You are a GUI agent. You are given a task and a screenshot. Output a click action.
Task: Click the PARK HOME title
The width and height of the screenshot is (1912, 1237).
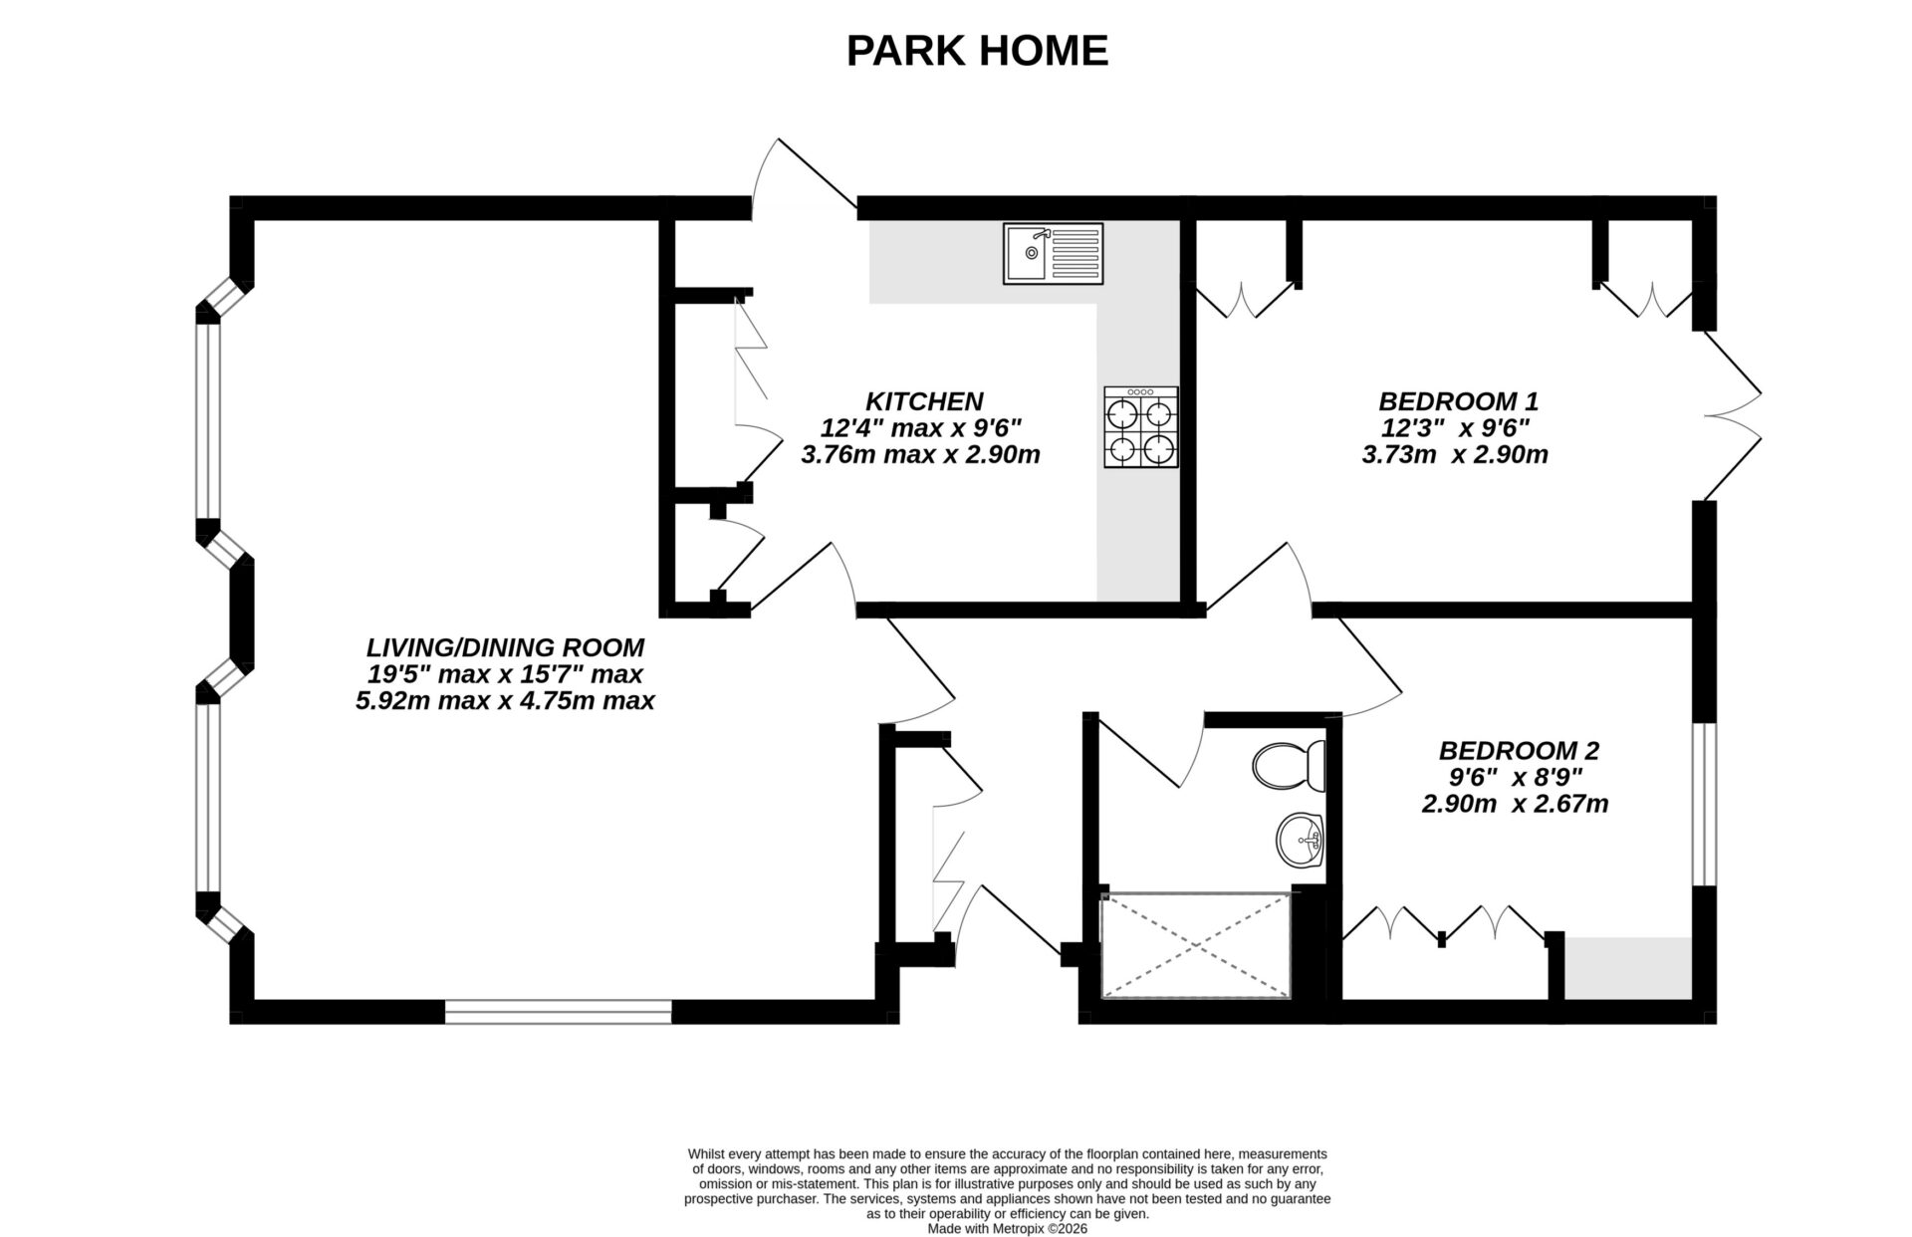click(976, 51)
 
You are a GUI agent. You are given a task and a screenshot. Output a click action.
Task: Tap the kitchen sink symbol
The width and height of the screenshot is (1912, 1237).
click(1053, 253)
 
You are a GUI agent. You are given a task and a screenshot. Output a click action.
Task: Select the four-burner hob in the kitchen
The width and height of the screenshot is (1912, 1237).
click(1140, 427)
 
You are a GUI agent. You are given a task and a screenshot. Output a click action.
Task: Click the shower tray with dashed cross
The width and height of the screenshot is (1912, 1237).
click(1194, 945)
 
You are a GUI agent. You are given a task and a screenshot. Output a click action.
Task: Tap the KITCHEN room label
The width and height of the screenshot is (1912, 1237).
click(923, 401)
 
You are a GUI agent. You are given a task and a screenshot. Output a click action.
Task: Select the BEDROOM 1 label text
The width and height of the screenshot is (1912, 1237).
click(1458, 401)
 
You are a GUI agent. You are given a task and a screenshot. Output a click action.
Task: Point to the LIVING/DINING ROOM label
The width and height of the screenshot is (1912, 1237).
click(505, 647)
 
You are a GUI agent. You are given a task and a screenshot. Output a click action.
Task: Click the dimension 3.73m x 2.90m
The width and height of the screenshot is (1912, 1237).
click(1454, 455)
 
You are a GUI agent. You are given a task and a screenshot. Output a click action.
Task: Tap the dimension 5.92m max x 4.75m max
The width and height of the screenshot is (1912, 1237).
click(505, 700)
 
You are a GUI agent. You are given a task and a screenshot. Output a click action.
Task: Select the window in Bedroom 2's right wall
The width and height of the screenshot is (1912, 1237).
click(1705, 804)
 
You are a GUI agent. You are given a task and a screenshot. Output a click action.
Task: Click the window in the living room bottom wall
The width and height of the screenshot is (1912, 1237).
click(558, 1012)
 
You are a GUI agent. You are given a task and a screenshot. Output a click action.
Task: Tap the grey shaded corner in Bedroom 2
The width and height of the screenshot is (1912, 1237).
click(1627, 967)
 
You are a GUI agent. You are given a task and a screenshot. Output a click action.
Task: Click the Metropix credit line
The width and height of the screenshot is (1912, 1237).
click(1007, 1229)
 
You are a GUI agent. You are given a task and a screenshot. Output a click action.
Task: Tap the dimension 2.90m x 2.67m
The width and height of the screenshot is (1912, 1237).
click(1514, 804)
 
